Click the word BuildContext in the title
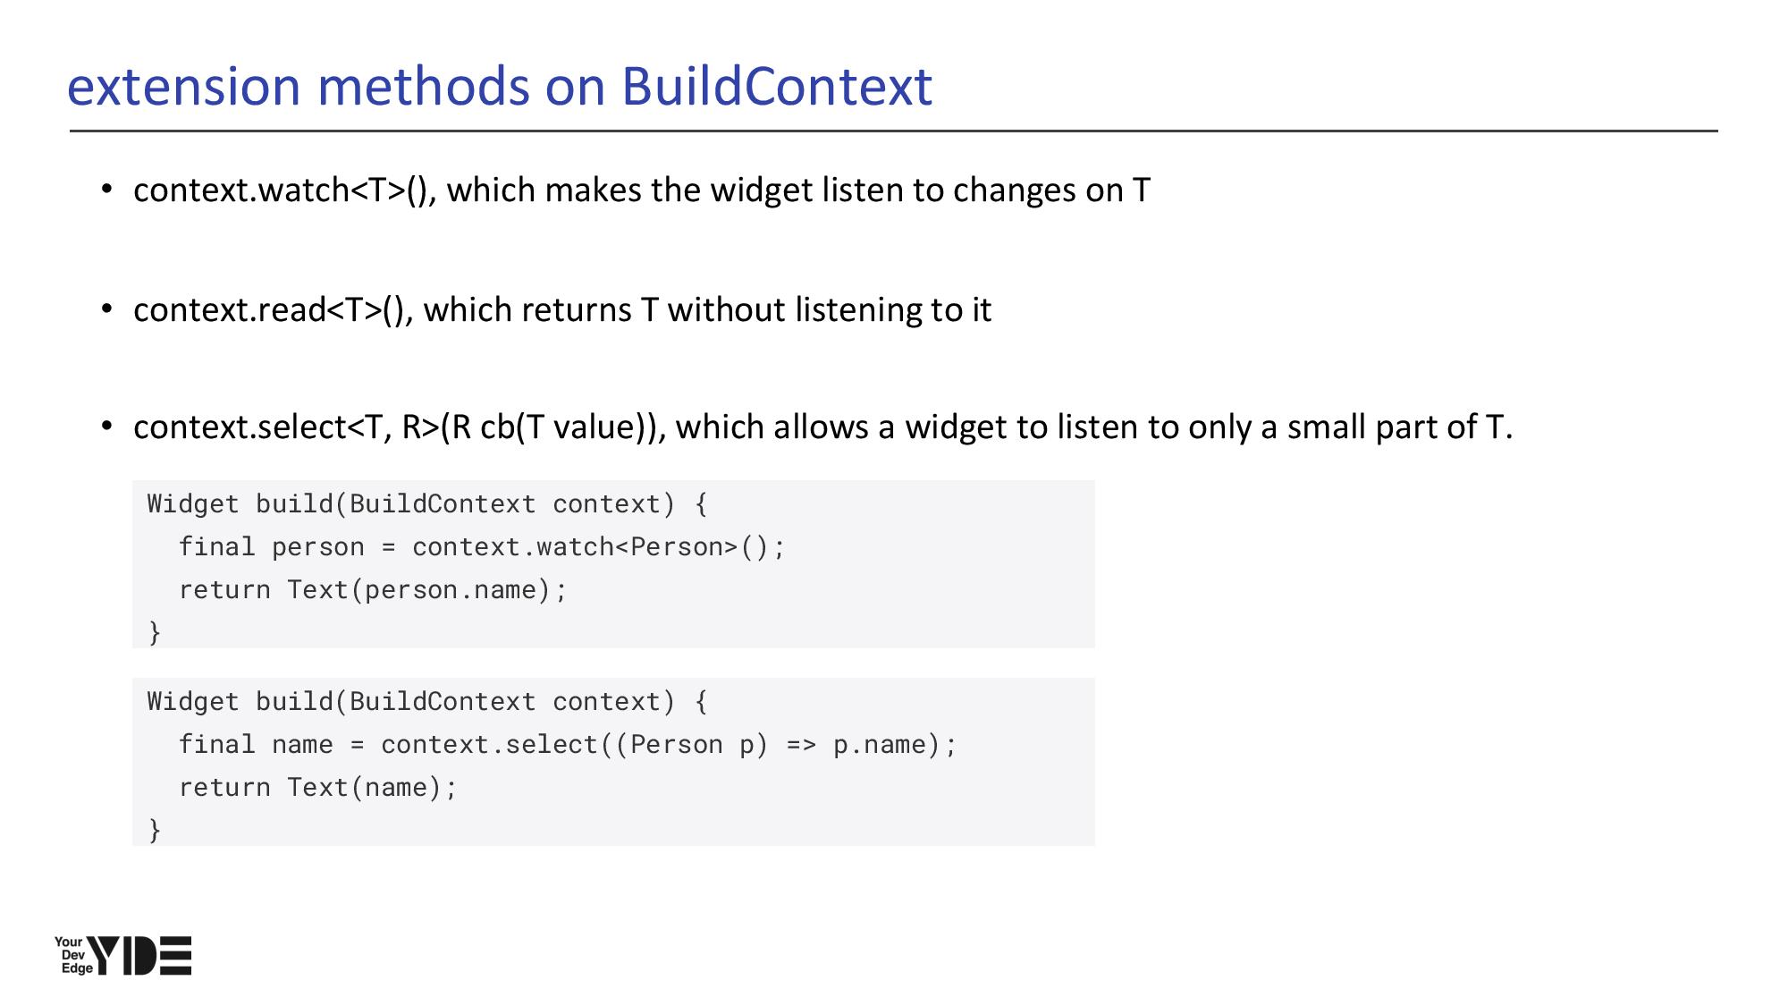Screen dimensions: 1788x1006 pos(776,87)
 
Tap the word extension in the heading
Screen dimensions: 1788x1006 pos(184,87)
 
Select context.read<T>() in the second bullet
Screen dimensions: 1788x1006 pos(273,310)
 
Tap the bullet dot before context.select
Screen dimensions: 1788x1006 pos(107,427)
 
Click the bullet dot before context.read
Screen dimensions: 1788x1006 pos(107,309)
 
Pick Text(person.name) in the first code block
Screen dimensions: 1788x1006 pos(418,590)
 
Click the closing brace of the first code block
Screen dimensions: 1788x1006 pos(155,633)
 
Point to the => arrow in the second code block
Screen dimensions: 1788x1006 pos(801,745)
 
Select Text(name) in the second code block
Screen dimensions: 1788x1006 pos(364,788)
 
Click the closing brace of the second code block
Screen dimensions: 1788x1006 pos(155,831)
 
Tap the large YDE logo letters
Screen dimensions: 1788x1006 pos(139,956)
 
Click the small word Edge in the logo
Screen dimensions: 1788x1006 pos(77,969)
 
